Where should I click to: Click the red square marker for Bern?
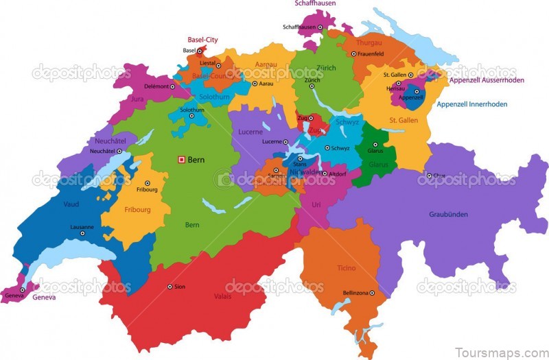182,160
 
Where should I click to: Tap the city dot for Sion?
170,287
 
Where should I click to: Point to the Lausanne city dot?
82,233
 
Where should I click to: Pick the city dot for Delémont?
172,86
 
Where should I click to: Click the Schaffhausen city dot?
319,27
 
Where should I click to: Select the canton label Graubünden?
448,215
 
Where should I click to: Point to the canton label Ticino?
346,268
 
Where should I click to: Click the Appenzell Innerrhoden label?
481,105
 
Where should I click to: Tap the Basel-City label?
202,40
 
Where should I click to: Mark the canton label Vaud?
71,204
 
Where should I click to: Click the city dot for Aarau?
255,84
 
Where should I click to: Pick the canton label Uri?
316,204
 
